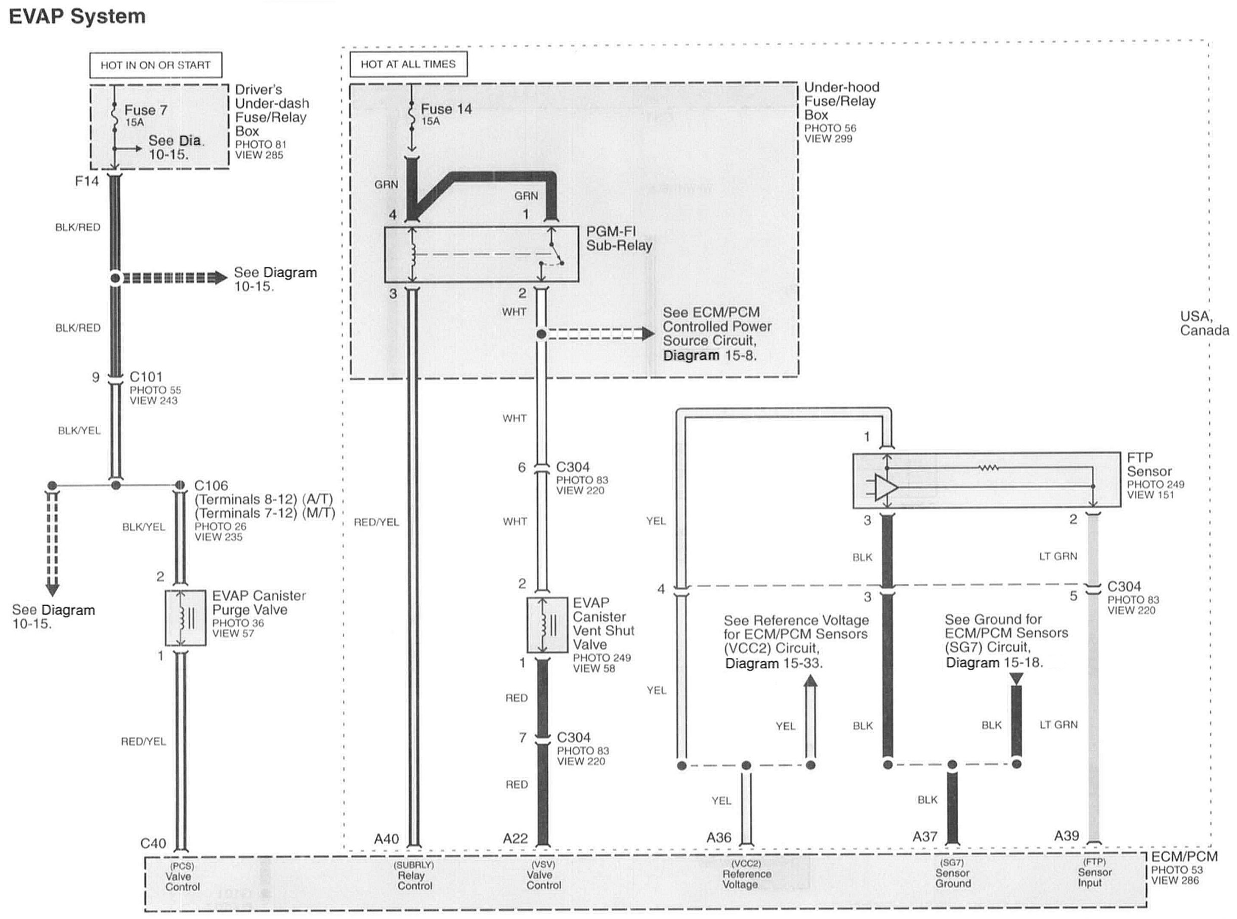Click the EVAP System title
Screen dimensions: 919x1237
77,17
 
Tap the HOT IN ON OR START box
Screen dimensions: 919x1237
155,65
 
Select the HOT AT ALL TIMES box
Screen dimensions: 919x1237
408,64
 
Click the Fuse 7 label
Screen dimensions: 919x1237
145,110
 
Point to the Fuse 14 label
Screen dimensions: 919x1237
446,109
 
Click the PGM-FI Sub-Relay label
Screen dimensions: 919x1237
618,239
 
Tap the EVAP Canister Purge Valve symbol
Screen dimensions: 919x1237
185,618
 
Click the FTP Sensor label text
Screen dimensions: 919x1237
1148,465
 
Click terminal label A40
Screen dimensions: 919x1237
386,839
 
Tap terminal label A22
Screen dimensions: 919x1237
515,839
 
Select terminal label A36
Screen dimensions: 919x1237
718,837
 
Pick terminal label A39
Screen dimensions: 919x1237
1066,836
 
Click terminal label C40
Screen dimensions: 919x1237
153,843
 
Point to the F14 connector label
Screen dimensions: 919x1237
87,181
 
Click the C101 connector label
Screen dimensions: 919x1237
146,377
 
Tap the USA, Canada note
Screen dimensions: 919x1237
1204,323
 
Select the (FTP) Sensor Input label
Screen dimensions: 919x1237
1094,873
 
